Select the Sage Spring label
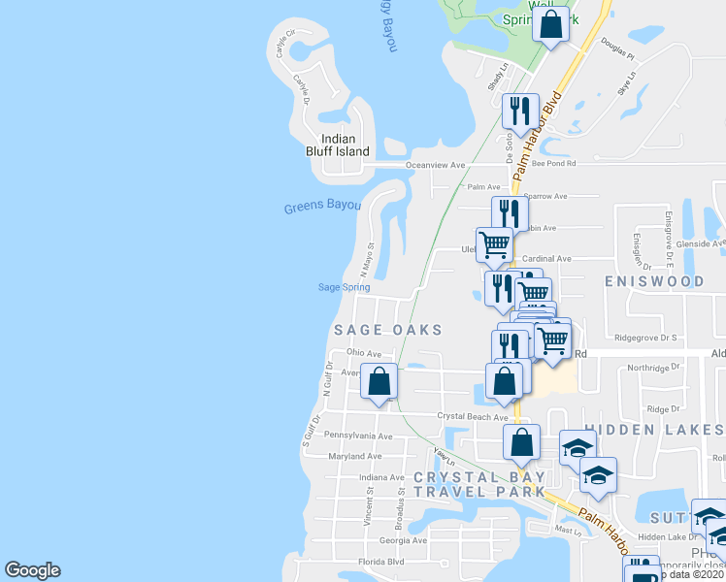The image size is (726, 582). [344, 287]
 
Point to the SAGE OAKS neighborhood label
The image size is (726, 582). [388, 330]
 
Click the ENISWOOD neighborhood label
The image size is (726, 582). [653, 281]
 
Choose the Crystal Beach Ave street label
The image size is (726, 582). [473, 416]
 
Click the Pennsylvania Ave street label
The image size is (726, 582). [358, 436]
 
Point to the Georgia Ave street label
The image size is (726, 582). [403, 540]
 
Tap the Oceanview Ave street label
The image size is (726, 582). [440, 166]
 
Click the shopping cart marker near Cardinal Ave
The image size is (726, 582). [495, 244]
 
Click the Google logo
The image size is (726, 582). [32, 570]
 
